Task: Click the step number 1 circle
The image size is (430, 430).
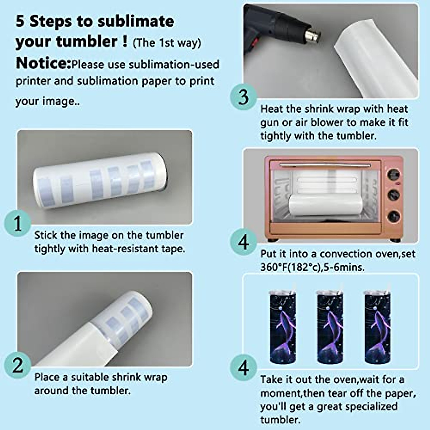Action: [x=18, y=223]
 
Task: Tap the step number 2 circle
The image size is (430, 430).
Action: [x=18, y=365]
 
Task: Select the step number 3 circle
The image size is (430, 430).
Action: [x=243, y=97]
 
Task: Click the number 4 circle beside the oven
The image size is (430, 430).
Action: [x=243, y=242]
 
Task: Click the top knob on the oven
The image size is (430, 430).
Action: [x=393, y=174]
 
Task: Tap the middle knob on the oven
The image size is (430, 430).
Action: [x=393, y=195]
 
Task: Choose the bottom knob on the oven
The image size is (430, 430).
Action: [x=393, y=216]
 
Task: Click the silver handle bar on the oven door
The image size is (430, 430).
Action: [x=325, y=165]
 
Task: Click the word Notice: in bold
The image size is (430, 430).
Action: [x=43, y=63]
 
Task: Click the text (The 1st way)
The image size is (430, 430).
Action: [x=167, y=43]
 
